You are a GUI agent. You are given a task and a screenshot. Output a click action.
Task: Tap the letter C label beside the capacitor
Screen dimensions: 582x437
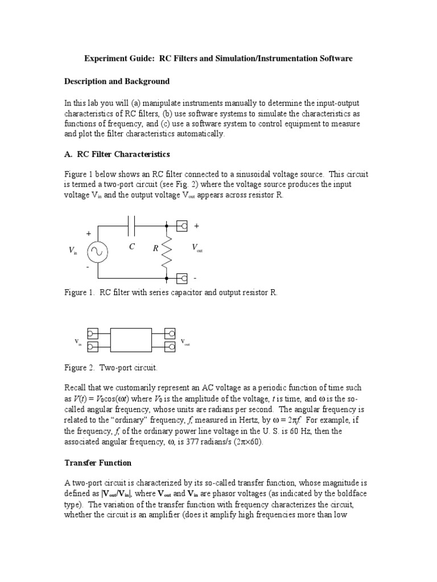click(x=131, y=247)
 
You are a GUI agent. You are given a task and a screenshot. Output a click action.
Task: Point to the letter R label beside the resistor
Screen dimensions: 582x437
click(x=155, y=248)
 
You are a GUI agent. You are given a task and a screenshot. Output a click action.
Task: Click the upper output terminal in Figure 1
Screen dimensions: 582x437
click(x=183, y=226)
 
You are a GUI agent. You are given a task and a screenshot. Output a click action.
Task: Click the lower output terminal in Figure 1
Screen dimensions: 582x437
click(x=183, y=278)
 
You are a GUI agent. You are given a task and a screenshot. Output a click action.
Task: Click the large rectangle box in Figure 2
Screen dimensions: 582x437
click(x=131, y=340)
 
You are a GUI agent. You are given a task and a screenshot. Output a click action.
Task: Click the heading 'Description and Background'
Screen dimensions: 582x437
click(x=117, y=81)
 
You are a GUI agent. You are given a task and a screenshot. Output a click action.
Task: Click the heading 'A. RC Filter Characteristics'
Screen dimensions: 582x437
click(x=117, y=154)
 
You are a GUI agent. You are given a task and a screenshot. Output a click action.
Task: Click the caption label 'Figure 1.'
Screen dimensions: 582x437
click(x=80, y=292)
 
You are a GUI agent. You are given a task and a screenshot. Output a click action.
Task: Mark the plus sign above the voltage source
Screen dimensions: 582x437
click(x=88, y=234)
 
